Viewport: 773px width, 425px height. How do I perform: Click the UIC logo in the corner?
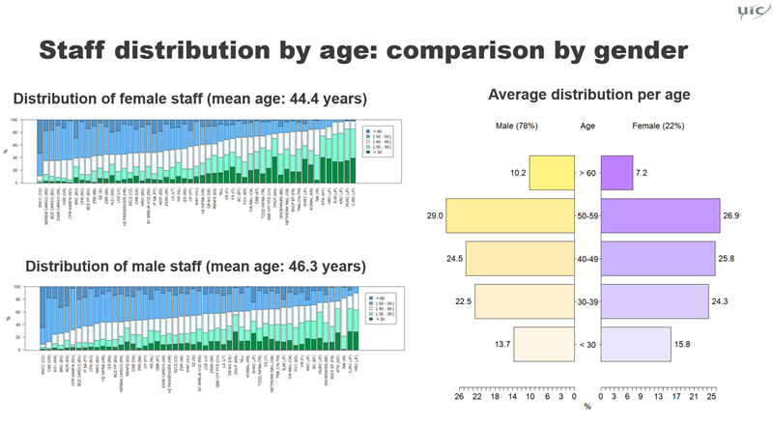tap(747, 13)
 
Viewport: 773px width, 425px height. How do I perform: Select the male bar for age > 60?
tap(551, 172)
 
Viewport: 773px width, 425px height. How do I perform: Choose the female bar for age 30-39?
tap(654, 301)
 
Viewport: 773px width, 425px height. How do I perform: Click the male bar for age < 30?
tap(543, 344)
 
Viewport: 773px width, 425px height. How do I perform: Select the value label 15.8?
tap(684, 345)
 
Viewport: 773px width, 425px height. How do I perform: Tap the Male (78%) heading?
tap(516, 127)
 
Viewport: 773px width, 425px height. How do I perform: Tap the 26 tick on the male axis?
tap(459, 397)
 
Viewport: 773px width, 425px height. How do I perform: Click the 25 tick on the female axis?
tap(711, 397)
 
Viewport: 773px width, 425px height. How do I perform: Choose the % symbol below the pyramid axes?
tap(587, 407)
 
